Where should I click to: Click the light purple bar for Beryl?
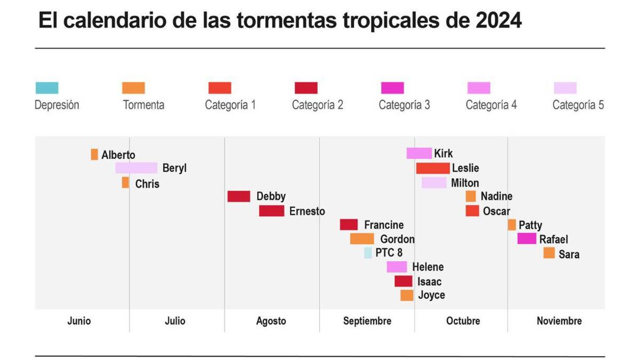coord(136,168)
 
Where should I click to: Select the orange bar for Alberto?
coord(94,154)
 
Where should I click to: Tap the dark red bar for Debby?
coord(238,196)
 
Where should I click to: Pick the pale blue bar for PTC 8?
coord(368,253)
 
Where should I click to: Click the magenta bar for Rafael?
coord(527,239)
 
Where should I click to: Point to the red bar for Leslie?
coord(432,168)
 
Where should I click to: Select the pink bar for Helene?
coord(396,267)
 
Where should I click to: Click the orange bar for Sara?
coord(548,253)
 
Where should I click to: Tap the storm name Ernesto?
coord(307,211)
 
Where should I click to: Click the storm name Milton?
coord(465,183)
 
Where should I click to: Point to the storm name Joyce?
coord(431,295)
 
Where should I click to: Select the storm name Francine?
coord(384,225)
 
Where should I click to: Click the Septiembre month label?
coord(367,321)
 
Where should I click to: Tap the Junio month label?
coord(79,321)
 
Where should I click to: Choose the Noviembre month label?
coord(559,321)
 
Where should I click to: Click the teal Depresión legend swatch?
coord(47,88)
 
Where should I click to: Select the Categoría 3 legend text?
coord(404,105)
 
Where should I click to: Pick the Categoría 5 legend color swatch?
coord(565,88)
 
